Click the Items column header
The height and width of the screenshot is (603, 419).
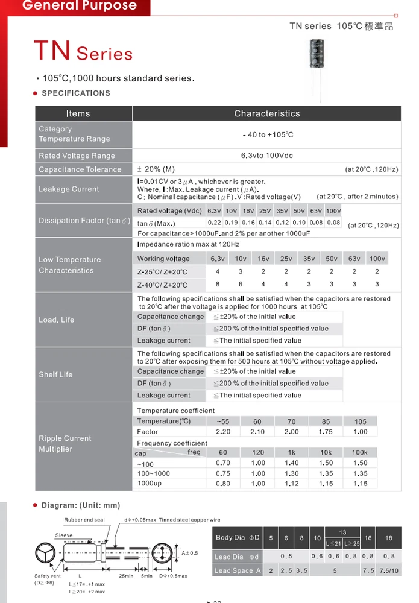point(78,113)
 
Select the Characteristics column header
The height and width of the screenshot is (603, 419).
point(266,113)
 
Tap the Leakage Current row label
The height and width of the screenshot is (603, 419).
point(69,189)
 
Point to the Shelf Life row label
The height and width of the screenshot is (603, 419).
point(55,374)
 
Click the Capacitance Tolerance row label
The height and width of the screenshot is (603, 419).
point(80,169)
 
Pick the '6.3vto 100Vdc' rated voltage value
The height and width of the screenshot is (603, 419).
point(266,156)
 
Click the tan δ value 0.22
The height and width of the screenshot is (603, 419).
point(214,223)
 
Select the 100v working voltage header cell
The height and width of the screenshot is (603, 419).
point(377,259)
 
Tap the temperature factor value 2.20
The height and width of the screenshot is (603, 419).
point(223,432)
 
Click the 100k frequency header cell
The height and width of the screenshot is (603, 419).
point(360,452)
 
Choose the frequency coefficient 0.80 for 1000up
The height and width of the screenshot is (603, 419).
point(223,484)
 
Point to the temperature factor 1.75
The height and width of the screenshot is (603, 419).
point(326,432)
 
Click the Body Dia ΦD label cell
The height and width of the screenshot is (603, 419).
point(238,537)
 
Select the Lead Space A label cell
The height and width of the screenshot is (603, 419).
point(238,570)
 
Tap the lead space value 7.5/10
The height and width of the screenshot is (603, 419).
point(389,570)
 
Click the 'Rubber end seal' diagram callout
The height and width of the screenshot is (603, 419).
point(84,520)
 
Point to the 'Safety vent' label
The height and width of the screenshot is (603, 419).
point(48,576)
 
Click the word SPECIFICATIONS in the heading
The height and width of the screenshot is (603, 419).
point(76,93)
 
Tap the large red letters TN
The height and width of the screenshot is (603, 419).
point(53,51)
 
